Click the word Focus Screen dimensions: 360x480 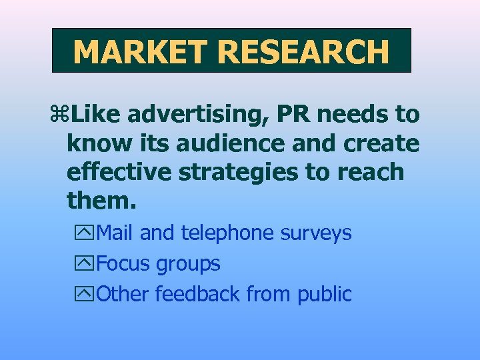pyautogui.click(x=124, y=263)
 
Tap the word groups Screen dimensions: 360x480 pyautogui.click(x=188, y=264)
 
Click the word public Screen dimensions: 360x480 pyautogui.click(x=325, y=294)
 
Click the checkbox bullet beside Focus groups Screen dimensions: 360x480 pyautogui.click(x=86, y=264)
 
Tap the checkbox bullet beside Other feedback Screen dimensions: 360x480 pyautogui.click(x=86, y=294)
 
